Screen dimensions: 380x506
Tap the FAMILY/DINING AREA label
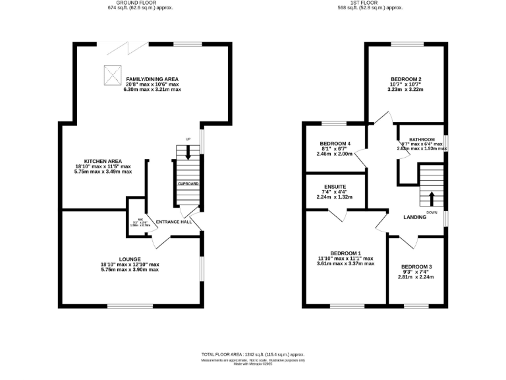[152, 79]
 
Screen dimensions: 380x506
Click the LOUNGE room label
[130, 259]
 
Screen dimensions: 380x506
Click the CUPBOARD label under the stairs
[188, 183]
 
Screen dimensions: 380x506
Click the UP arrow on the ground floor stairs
[188, 152]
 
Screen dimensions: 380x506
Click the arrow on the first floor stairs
[432, 197]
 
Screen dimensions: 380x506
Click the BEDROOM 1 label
[346, 253]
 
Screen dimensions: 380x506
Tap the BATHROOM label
[422, 140]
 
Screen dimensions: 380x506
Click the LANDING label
[415, 217]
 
